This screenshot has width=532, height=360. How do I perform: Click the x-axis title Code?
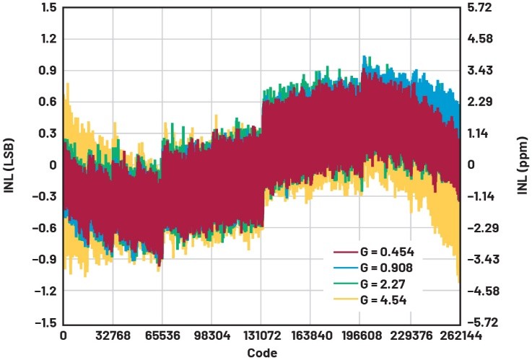coord(261,353)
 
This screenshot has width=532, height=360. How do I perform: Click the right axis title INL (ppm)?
coord(523,165)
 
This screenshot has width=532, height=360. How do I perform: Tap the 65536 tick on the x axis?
coord(161,335)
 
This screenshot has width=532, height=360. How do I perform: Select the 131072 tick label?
coord(260,335)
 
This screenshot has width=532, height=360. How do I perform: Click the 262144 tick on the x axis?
coord(459,335)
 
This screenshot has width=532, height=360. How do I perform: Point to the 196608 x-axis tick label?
coord(359,335)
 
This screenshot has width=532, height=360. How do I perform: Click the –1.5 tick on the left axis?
coord(45,322)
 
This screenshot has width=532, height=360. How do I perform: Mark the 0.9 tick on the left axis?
coord(48,70)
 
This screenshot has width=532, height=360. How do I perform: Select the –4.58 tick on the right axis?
coord(485,291)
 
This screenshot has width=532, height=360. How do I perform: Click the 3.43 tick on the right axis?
coord(487,70)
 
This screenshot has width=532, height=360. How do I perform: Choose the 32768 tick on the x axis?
coord(112,335)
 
